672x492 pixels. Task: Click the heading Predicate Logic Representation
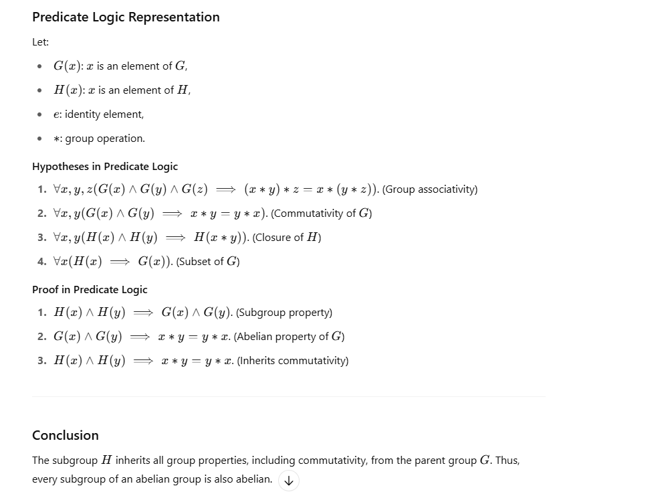click(x=126, y=17)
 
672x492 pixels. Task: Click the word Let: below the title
click(x=40, y=42)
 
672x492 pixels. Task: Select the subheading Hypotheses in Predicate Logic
click(x=105, y=166)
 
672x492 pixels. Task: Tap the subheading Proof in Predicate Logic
click(x=90, y=289)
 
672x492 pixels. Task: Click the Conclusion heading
click(x=66, y=435)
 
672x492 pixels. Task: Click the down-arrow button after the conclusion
click(x=288, y=480)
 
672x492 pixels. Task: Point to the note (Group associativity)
click(x=430, y=189)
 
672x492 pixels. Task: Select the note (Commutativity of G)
click(x=322, y=214)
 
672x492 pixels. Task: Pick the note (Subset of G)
click(x=207, y=262)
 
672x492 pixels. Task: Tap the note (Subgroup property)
click(x=284, y=313)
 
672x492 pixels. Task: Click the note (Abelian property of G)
click(x=289, y=337)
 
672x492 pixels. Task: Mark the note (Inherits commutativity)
click(x=292, y=361)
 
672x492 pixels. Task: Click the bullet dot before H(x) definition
click(x=41, y=90)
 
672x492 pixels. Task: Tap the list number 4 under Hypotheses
click(x=41, y=262)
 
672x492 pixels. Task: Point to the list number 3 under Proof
click(x=41, y=361)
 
